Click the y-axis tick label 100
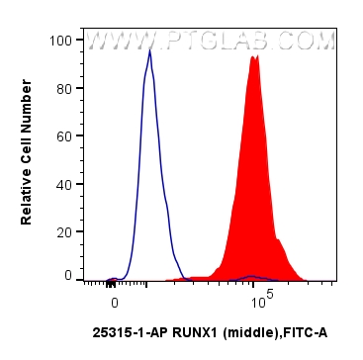59,41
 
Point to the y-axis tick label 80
62,88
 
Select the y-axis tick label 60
62,135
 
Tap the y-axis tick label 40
62,182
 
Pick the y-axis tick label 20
62,229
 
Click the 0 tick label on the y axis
66,276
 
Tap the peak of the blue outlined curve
149,51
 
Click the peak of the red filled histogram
255,57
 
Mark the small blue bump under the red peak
253,277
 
